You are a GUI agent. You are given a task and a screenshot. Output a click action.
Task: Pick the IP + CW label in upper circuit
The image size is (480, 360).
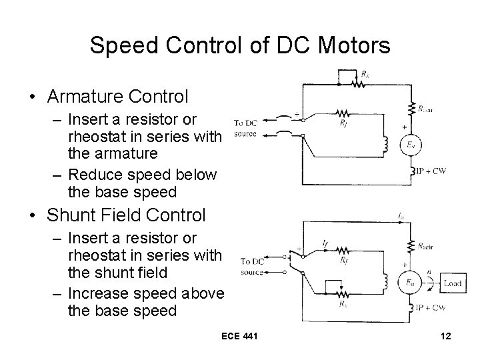click(431, 171)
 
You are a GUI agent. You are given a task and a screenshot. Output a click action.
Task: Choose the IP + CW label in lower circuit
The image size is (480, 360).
click(431, 308)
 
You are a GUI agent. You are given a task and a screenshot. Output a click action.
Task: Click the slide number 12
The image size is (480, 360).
click(446, 335)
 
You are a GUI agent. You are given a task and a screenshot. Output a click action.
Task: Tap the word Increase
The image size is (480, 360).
click(98, 293)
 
